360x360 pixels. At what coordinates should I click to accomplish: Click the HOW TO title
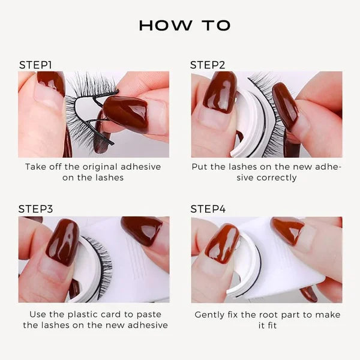click(184, 25)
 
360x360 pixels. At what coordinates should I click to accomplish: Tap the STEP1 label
click(36, 65)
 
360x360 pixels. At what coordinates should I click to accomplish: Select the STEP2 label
click(208, 65)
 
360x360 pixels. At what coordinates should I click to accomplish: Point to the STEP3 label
click(36, 209)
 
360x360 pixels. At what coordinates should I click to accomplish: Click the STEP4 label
click(208, 209)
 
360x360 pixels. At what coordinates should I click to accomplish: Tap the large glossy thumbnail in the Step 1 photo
click(125, 113)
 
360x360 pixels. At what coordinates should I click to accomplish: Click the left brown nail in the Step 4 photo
click(221, 244)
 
